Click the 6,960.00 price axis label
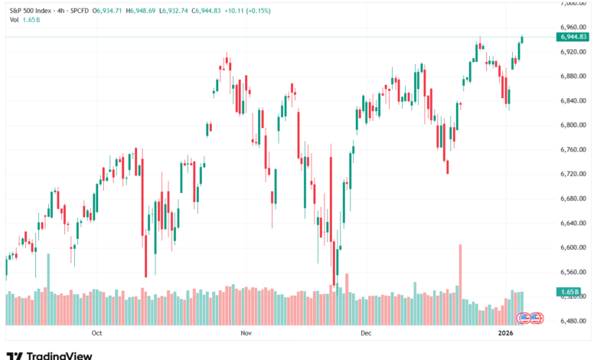coord(572,27)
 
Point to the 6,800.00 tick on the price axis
coord(572,125)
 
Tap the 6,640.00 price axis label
coord(572,223)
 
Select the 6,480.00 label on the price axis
coord(572,321)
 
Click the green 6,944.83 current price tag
coord(573,37)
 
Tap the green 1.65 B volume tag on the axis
coord(569,293)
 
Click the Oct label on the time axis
coord(96,333)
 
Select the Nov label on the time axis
coord(246,333)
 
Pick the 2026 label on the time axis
coord(505,333)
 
